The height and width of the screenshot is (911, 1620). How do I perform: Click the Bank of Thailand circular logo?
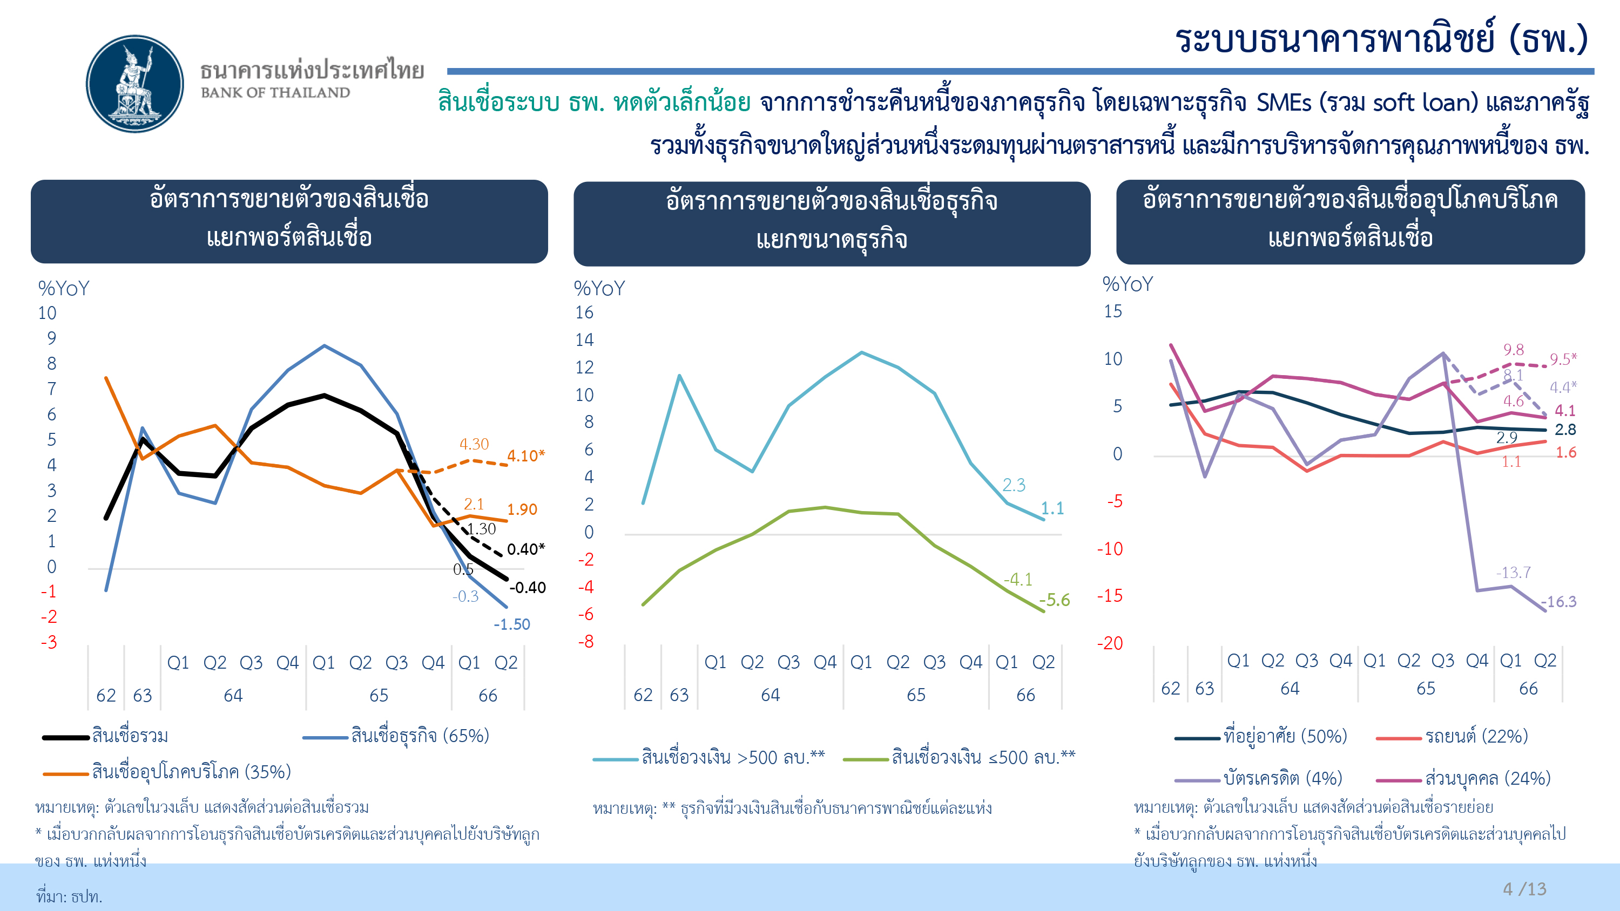tap(134, 84)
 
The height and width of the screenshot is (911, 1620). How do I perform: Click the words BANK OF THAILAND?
tap(275, 92)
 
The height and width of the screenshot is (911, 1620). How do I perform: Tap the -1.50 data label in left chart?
tap(512, 624)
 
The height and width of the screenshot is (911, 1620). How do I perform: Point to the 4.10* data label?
tap(526, 455)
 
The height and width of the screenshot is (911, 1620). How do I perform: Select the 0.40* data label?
tap(526, 549)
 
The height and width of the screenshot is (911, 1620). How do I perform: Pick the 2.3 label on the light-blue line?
tap(1014, 485)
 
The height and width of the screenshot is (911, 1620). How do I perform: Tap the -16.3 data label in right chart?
tap(1558, 602)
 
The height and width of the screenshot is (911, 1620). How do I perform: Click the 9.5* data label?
tap(1563, 359)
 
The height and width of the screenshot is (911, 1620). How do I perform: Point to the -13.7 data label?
tap(1513, 572)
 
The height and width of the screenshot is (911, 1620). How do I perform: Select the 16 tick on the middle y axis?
tap(584, 312)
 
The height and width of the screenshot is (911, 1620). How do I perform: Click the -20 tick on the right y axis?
tap(1110, 643)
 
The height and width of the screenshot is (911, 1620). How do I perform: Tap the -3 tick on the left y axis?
tap(49, 642)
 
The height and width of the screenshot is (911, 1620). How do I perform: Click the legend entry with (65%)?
tap(396, 736)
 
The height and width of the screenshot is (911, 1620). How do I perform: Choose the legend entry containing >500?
tap(708, 758)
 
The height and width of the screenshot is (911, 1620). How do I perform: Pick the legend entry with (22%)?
tap(1452, 736)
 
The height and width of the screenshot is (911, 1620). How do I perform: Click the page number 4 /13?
tap(1524, 889)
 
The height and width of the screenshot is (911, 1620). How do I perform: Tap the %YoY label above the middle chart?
tap(599, 289)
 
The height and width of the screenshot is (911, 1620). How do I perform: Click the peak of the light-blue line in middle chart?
tap(861, 353)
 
